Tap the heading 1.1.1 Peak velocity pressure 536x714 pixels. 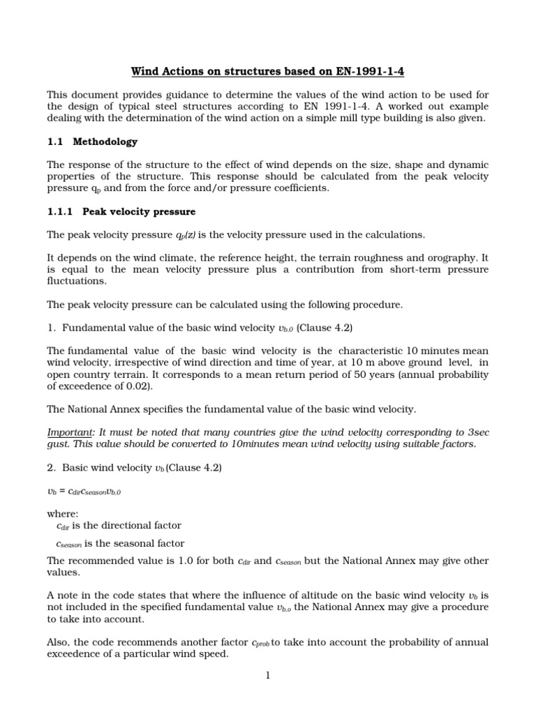pos(121,211)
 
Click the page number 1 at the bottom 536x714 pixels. pos(267,675)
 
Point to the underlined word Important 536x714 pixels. pos(68,433)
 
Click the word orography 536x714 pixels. pos(441,257)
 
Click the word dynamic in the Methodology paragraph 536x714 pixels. pos(468,165)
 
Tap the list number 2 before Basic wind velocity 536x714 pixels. pos(50,468)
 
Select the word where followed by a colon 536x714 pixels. pos(62,514)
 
